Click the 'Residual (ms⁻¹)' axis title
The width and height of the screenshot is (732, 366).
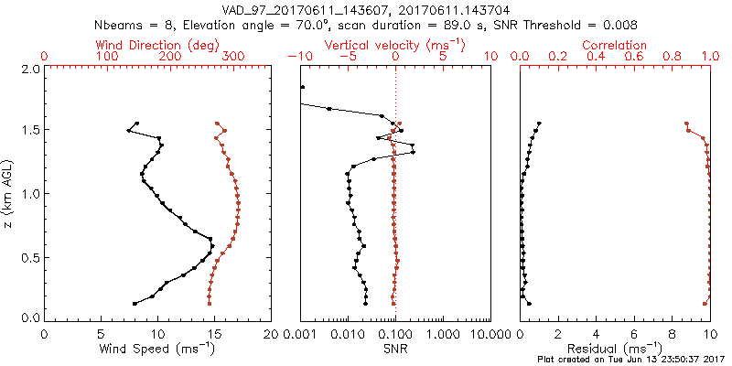click(621, 349)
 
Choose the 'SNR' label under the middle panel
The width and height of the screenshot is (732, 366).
click(395, 349)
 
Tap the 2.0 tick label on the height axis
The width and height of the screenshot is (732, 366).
click(30, 69)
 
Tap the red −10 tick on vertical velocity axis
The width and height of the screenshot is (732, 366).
click(298, 57)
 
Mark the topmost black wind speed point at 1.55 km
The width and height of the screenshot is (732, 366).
click(137, 124)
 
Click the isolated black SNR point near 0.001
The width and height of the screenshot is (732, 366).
click(302, 88)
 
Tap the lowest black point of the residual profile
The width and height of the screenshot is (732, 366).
click(529, 303)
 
